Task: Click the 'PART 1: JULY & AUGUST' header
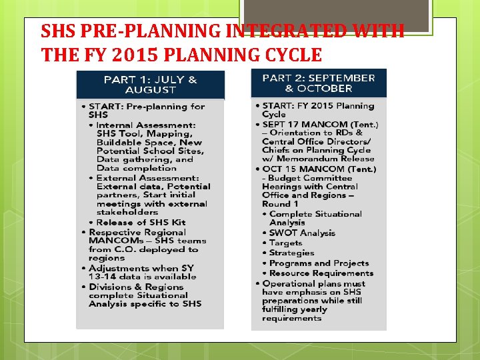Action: tap(150, 85)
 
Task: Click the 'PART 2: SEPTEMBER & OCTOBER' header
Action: tap(318, 83)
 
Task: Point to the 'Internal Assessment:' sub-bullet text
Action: tap(146, 125)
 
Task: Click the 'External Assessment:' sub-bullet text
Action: tap(147, 178)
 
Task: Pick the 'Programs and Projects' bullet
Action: tap(319, 263)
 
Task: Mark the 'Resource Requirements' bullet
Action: tap(321, 273)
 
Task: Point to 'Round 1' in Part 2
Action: tap(276, 204)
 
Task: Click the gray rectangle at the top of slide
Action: tap(334, 15)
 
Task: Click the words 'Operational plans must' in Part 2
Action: tap(313, 283)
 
